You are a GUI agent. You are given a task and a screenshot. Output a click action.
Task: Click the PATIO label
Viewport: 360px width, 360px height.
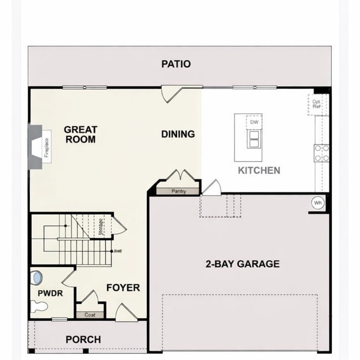click(x=176, y=64)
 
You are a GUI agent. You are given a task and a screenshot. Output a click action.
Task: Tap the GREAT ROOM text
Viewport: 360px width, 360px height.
click(x=80, y=134)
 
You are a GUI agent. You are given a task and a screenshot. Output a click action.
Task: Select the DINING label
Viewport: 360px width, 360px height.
click(x=178, y=134)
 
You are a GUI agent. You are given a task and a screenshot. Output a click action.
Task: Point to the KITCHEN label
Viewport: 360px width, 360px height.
click(x=259, y=170)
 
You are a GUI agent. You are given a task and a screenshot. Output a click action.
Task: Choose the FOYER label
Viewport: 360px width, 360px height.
click(x=122, y=287)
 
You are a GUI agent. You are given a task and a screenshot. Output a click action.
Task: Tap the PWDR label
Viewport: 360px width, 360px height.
click(x=50, y=293)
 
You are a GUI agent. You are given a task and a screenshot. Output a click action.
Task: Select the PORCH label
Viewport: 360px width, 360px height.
click(x=83, y=339)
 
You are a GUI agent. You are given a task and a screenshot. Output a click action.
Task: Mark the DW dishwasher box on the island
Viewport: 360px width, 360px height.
click(x=254, y=122)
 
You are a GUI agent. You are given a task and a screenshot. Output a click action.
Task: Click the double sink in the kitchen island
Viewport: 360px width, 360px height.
click(x=254, y=140)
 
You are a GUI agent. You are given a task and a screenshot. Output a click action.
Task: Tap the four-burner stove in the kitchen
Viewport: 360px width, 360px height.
click(x=321, y=153)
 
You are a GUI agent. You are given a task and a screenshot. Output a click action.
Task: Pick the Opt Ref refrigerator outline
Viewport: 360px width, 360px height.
click(x=317, y=104)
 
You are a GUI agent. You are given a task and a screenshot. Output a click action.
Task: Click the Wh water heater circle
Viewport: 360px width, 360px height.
click(x=318, y=203)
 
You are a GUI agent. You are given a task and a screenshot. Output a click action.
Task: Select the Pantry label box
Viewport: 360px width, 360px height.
click(x=178, y=192)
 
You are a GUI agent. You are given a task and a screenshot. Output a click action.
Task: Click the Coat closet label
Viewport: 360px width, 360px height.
click(x=90, y=315)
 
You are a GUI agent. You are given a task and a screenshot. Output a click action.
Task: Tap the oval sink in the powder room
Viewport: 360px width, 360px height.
click(x=37, y=278)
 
